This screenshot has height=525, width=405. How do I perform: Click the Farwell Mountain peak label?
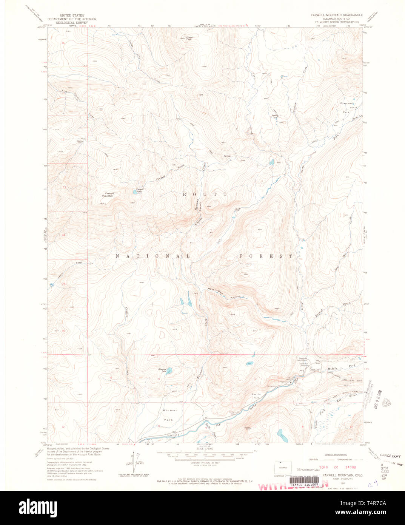point(108,195)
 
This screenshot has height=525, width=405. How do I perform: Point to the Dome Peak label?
point(189,38)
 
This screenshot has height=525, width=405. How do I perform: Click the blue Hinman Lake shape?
point(169,370)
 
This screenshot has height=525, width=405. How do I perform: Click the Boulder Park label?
point(257,396)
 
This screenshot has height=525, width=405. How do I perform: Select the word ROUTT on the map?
point(205,194)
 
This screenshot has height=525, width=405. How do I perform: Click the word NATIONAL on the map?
point(152,256)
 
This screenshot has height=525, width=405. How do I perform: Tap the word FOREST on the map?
point(265,256)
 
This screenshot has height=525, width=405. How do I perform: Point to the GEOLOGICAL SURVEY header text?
point(72,22)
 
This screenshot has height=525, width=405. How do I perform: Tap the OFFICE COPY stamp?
point(390,456)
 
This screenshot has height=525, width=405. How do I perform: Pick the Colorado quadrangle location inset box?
point(280,467)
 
